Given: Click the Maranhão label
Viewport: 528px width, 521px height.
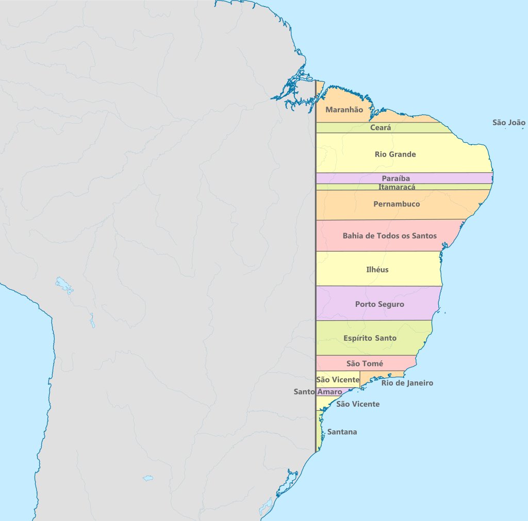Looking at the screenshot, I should coord(344,110).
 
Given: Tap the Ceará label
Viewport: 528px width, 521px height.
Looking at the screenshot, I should coord(381,128).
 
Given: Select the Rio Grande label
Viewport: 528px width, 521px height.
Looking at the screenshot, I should coord(395,154).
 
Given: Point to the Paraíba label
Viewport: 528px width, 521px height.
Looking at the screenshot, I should coord(395,179).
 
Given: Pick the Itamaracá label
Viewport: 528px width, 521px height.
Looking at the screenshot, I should coord(397,187).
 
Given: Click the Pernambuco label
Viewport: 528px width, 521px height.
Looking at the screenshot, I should coord(397,204).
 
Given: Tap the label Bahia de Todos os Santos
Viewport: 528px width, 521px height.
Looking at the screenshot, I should coord(389,236).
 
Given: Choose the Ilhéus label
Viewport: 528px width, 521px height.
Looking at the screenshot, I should coord(377,270).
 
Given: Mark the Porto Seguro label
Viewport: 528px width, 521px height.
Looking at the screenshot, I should coord(379,304).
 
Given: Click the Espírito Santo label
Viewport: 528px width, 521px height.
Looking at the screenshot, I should coord(370,338).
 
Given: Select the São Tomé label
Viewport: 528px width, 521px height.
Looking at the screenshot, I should coord(365,364).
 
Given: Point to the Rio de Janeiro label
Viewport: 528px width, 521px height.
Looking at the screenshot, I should coord(407,383).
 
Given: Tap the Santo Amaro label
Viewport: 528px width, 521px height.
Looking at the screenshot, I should coord(318,392).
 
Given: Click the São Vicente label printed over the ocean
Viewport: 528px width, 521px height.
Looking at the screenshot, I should coord(357,404).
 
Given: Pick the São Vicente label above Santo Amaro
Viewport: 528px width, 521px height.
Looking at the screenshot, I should coord(338,380).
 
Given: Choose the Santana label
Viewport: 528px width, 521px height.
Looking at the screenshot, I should coord(342,432).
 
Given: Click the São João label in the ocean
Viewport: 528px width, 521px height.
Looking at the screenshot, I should coord(508,123).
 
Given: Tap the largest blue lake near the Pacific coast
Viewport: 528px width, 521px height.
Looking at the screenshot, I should coord(65,285).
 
